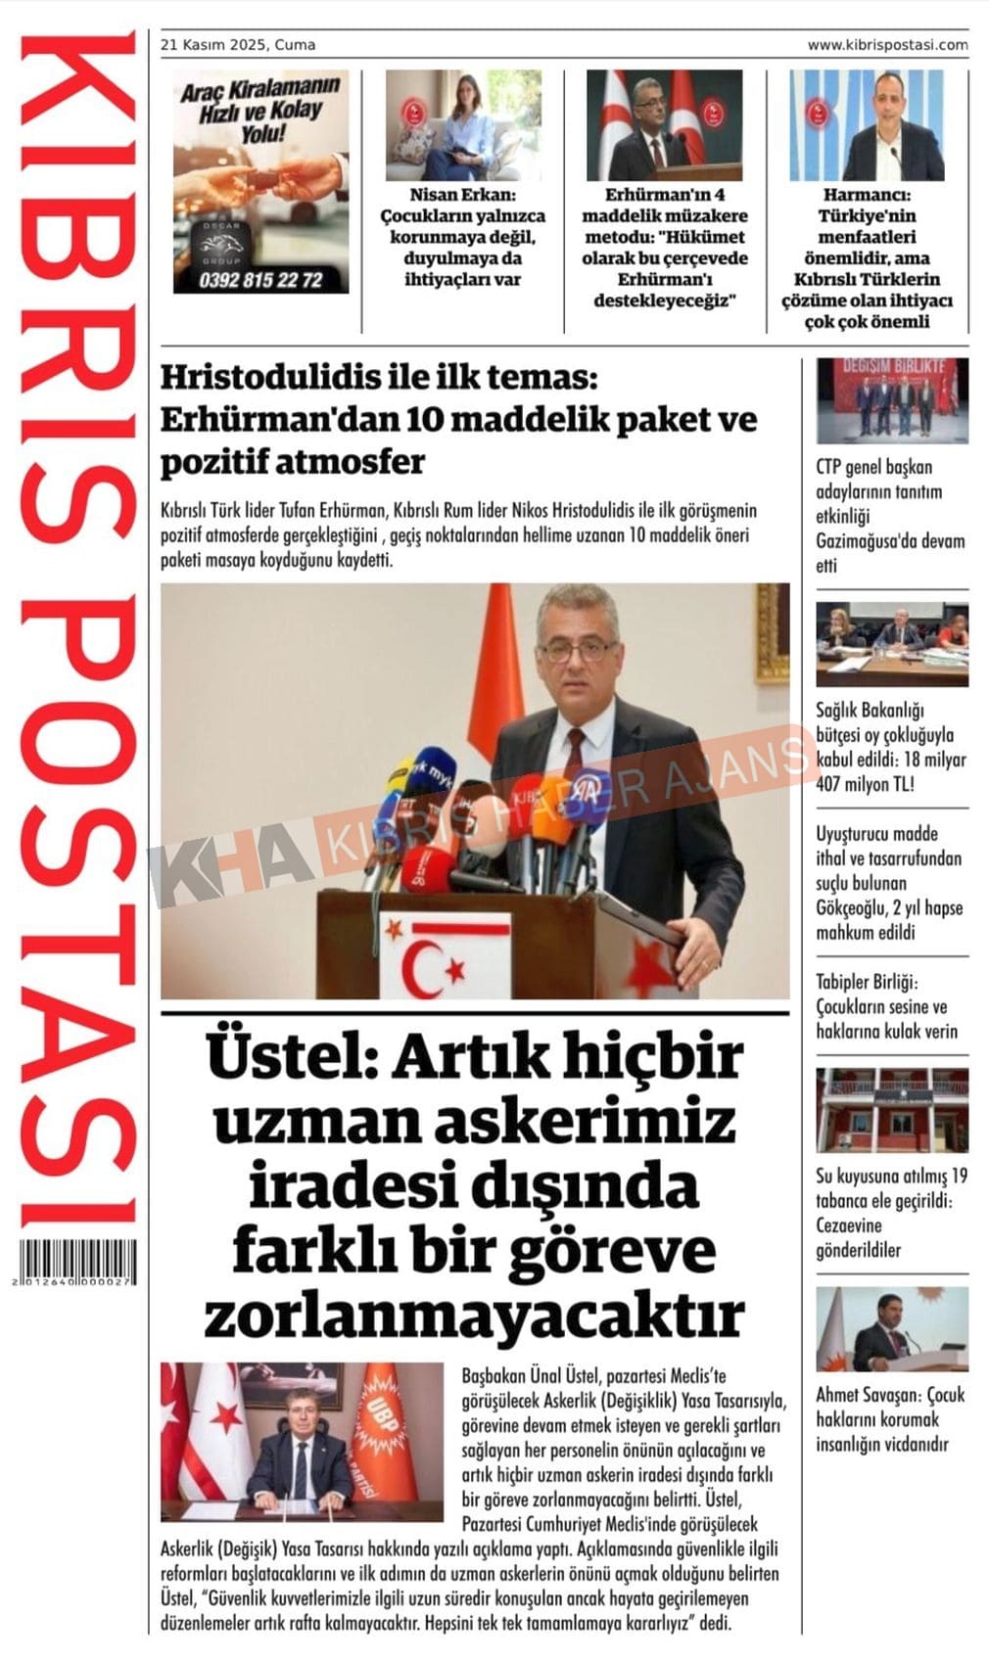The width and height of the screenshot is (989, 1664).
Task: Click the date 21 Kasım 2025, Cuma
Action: (238, 45)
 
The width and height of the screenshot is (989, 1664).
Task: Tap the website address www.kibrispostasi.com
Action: (887, 45)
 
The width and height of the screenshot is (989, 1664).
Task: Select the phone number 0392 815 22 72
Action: (259, 280)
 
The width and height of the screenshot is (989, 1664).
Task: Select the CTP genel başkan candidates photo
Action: (892, 400)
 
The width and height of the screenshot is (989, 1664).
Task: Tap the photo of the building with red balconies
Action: (892, 1111)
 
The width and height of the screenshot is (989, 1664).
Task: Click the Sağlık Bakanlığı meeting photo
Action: (892, 643)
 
